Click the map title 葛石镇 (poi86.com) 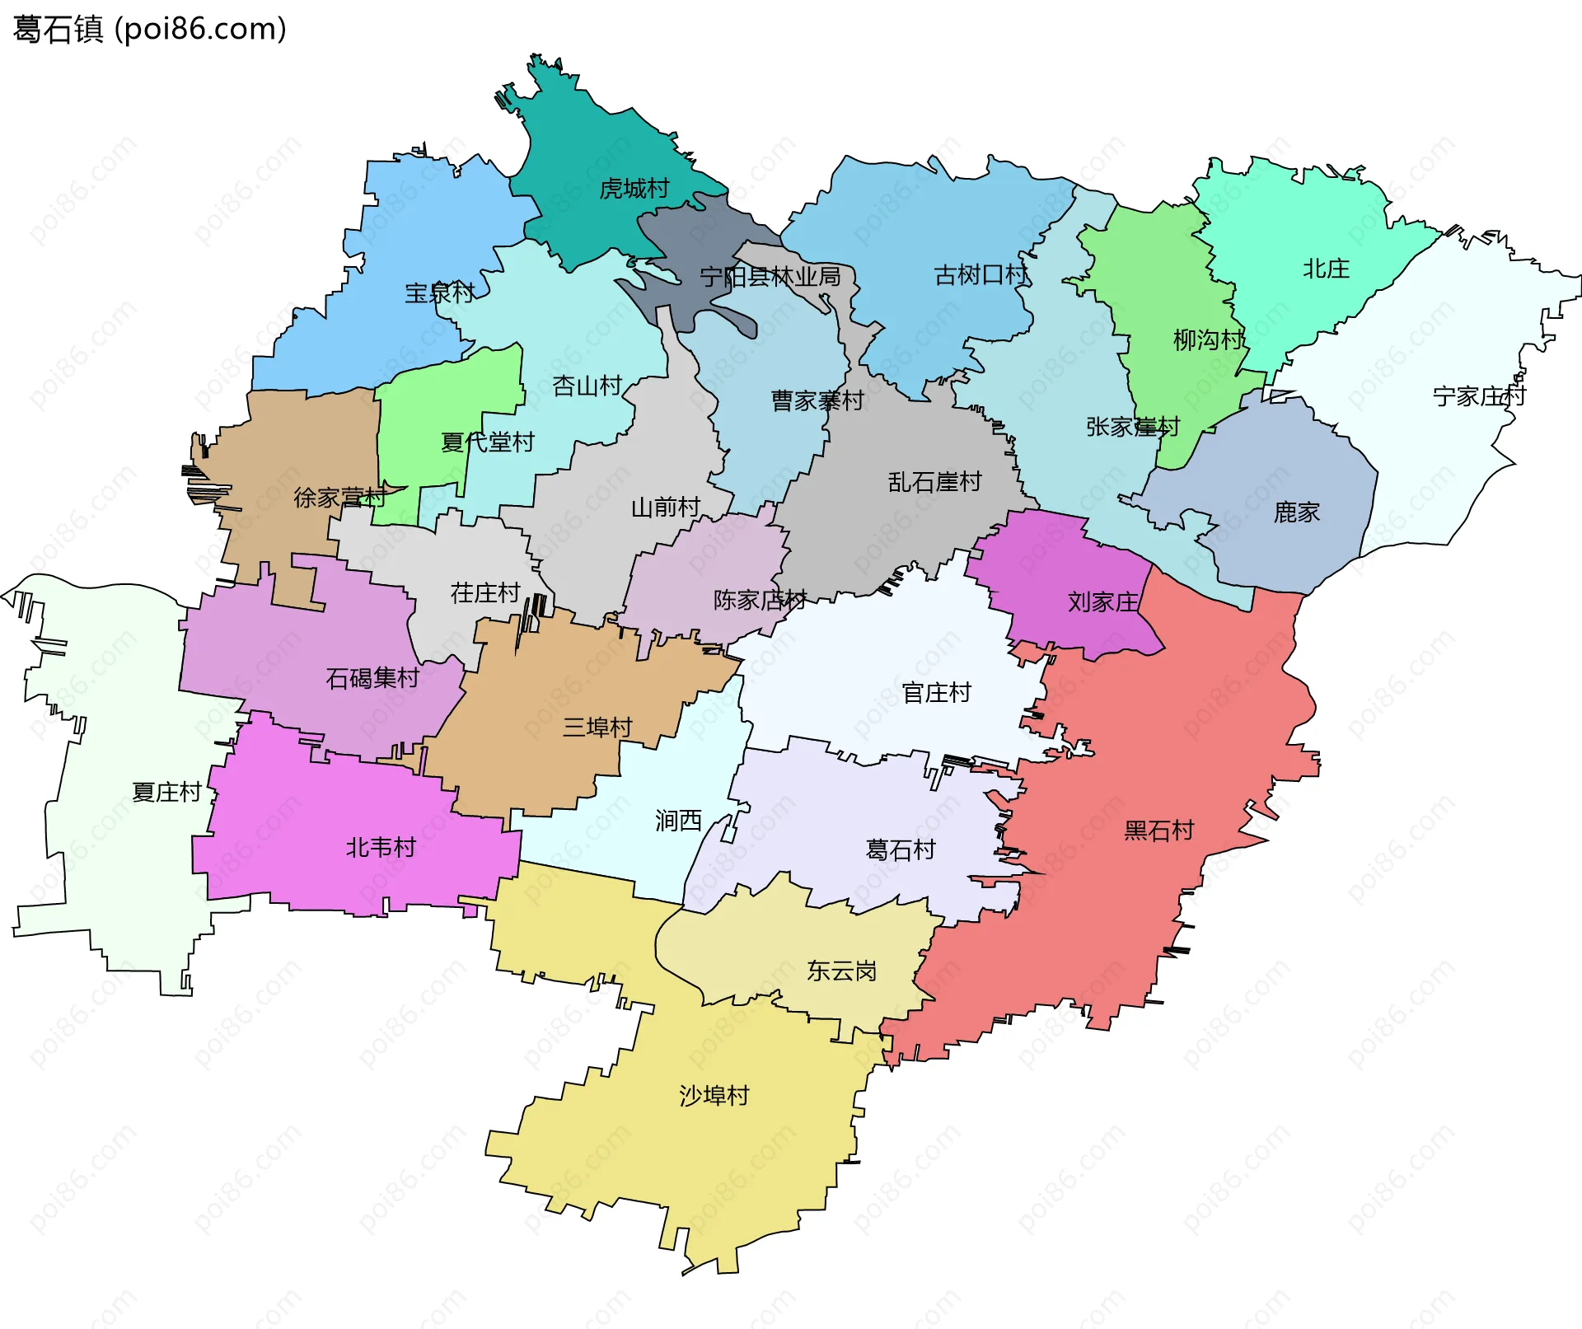click(x=150, y=29)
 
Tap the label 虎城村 click(x=634, y=189)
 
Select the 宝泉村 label click(x=439, y=292)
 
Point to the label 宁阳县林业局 click(x=770, y=277)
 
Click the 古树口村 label click(x=981, y=274)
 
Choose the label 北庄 click(x=1326, y=269)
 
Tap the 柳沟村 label click(x=1208, y=339)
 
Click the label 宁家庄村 click(x=1479, y=396)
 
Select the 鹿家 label click(x=1296, y=512)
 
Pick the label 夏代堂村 click(x=487, y=442)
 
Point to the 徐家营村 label click(x=339, y=498)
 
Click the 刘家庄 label click(x=1102, y=602)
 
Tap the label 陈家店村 click(x=759, y=600)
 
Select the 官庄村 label click(x=936, y=693)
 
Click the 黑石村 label click(x=1158, y=831)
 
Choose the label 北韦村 click(x=380, y=848)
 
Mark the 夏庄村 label click(x=166, y=793)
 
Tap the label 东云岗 click(x=841, y=971)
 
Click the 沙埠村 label click(x=714, y=1096)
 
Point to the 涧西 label click(x=678, y=821)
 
